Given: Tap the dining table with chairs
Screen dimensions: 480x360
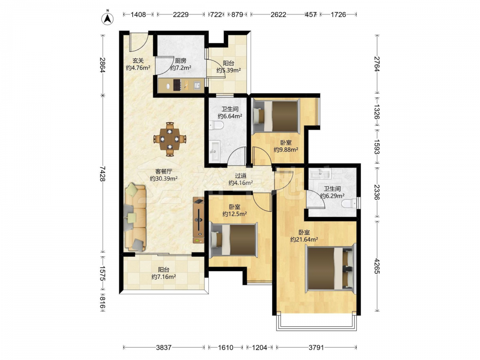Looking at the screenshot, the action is click(x=169, y=139).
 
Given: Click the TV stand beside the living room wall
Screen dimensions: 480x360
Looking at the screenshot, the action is click(x=198, y=221).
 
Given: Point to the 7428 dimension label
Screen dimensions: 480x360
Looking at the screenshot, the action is click(x=102, y=174).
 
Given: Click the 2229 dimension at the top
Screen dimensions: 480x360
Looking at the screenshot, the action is click(x=180, y=14).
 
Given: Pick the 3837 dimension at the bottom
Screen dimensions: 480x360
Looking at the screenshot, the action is click(x=164, y=348).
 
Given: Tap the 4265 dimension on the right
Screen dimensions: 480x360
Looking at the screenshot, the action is click(x=377, y=266).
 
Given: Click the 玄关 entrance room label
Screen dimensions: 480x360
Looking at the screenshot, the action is click(x=138, y=60).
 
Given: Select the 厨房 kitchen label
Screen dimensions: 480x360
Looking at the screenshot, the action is click(x=180, y=60).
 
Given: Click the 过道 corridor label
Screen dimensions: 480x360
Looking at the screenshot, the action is click(x=240, y=176).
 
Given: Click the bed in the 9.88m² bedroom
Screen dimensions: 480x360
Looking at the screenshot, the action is click(x=275, y=116).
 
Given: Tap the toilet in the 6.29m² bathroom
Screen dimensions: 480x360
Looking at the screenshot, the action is click(x=349, y=203).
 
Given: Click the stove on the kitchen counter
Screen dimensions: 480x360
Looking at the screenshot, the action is click(x=177, y=85).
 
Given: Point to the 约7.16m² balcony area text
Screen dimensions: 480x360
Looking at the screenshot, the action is click(x=164, y=277).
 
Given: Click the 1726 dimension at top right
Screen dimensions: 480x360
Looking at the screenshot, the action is click(x=338, y=14).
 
